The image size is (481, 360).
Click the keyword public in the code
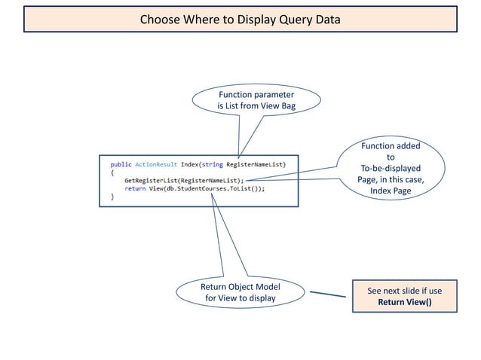click(x=121, y=164)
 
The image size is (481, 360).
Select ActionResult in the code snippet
click(x=156, y=164)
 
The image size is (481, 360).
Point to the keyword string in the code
click(x=213, y=164)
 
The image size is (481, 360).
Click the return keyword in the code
click(x=135, y=188)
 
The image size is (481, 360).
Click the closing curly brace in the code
click(x=112, y=197)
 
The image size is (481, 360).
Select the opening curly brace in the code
click(x=112, y=172)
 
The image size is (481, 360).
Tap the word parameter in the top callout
click(x=272, y=95)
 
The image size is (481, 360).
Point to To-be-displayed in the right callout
click(x=391, y=169)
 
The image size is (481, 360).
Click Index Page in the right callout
click(x=391, y=191)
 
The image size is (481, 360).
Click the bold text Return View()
click(x=405, y=302)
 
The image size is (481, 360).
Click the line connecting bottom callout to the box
click(x=328, y=294)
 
